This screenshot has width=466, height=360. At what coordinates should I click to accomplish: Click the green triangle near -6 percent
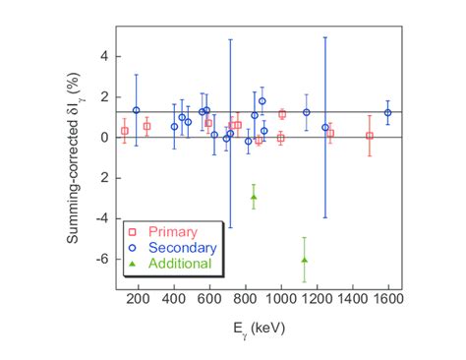(305, 260)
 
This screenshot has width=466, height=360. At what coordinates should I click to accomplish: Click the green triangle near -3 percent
(254, 197)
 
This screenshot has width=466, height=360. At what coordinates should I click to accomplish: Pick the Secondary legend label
(182, 248)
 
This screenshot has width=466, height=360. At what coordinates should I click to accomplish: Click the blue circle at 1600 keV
(388, 112)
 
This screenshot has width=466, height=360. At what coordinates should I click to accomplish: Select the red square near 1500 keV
(370, 136)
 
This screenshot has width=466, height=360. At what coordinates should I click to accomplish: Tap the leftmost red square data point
(125, 131)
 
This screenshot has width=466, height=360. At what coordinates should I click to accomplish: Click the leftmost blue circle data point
(137, 110)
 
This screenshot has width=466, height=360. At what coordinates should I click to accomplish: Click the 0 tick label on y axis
(102, 138)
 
